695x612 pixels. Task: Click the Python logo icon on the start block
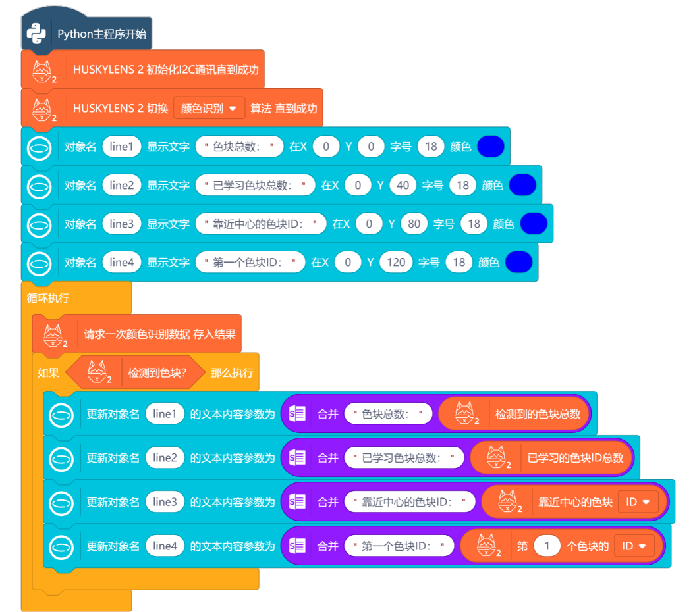pos(36,34)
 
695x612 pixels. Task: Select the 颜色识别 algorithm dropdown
pos(209,108)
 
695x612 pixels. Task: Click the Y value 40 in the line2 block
pos(403,186)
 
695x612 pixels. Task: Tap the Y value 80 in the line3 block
pos(414,224)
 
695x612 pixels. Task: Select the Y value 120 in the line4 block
pos(396,263)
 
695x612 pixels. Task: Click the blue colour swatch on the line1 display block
pos(491,147)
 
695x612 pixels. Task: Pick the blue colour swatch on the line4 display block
pos(518,263)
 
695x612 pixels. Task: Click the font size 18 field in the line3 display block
pos(474,224)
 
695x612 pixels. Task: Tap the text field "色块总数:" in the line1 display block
pos(239,147)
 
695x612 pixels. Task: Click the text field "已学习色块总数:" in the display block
pos(255,186)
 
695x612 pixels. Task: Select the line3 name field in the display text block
pos(122,224)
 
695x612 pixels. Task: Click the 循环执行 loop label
pos(48,298)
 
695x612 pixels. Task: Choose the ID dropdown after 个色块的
pos(634,546)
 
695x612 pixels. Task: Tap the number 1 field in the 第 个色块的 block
pos(547,546)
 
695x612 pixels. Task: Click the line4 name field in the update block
pos(165,546)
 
